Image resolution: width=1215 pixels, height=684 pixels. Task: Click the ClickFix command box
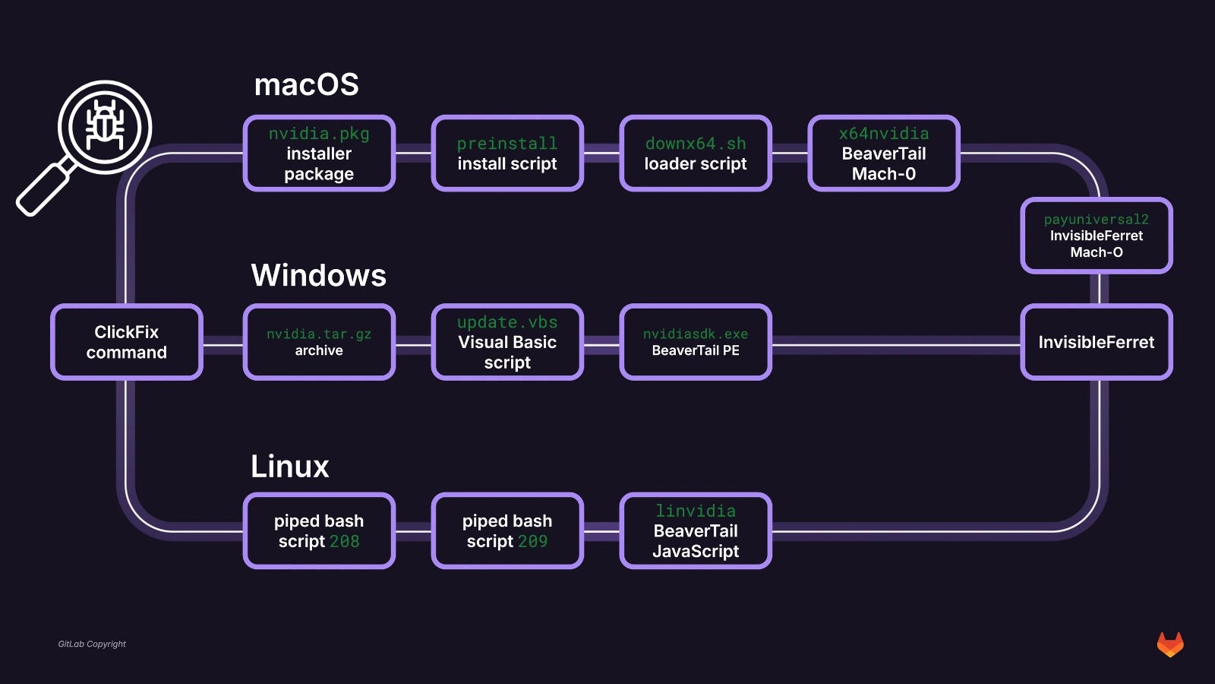tap(127, 342)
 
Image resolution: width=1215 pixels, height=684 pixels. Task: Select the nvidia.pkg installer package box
tap(319, 154)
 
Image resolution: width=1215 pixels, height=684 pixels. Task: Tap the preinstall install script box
tap(507, 154)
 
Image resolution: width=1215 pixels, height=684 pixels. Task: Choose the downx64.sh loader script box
tap(696, 154)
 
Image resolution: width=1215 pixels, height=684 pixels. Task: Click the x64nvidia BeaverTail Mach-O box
tap(884, 154)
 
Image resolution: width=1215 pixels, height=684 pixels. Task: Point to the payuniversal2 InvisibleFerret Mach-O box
tap(1097, 236)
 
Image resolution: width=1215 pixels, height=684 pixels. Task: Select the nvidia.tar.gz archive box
tap(319, 342)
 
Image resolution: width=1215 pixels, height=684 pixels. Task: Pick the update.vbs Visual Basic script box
tap(507, 342)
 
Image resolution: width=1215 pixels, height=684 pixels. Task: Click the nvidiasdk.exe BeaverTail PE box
tap(696, 342)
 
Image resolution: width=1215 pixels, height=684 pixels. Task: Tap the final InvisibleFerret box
tap(1097, 342)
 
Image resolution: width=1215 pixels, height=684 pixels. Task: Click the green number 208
tap(345, 542)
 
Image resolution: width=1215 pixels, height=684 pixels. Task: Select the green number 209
tap(533, 542)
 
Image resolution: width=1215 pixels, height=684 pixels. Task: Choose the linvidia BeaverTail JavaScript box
tap(696, 530)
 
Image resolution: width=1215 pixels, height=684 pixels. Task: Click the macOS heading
tap(306, 85)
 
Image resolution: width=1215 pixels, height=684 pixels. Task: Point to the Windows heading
tap(319, 275)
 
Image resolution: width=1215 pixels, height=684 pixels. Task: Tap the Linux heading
tap(290, 466)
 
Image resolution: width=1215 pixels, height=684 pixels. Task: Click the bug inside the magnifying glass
tap(105, 126)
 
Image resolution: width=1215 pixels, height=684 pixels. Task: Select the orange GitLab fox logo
tap(1170, 644)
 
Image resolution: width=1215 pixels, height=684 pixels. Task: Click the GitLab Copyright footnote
tap(92, 644)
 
